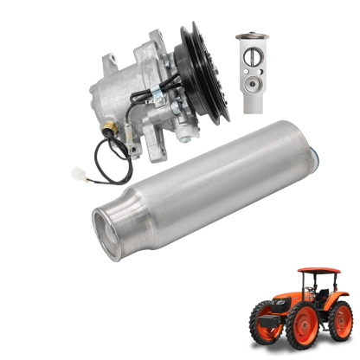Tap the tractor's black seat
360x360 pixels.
[321, 288]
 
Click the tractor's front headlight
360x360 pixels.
[262, 304]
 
